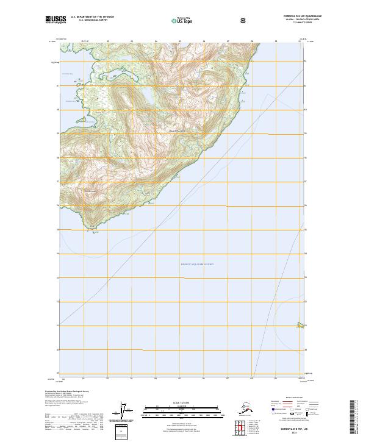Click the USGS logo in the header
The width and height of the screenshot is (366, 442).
[56, 20]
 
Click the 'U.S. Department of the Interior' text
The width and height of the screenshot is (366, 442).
[93, 17]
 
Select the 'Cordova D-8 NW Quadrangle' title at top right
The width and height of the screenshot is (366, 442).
[287, 16]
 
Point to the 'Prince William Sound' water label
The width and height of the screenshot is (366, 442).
[197, 264]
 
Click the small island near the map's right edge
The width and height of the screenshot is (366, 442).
[299, 324]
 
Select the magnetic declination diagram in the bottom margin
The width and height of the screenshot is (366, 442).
[126, 412]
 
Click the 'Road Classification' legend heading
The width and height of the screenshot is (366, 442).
[287, 396]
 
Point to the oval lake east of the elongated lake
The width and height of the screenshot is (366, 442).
[148, 96]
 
